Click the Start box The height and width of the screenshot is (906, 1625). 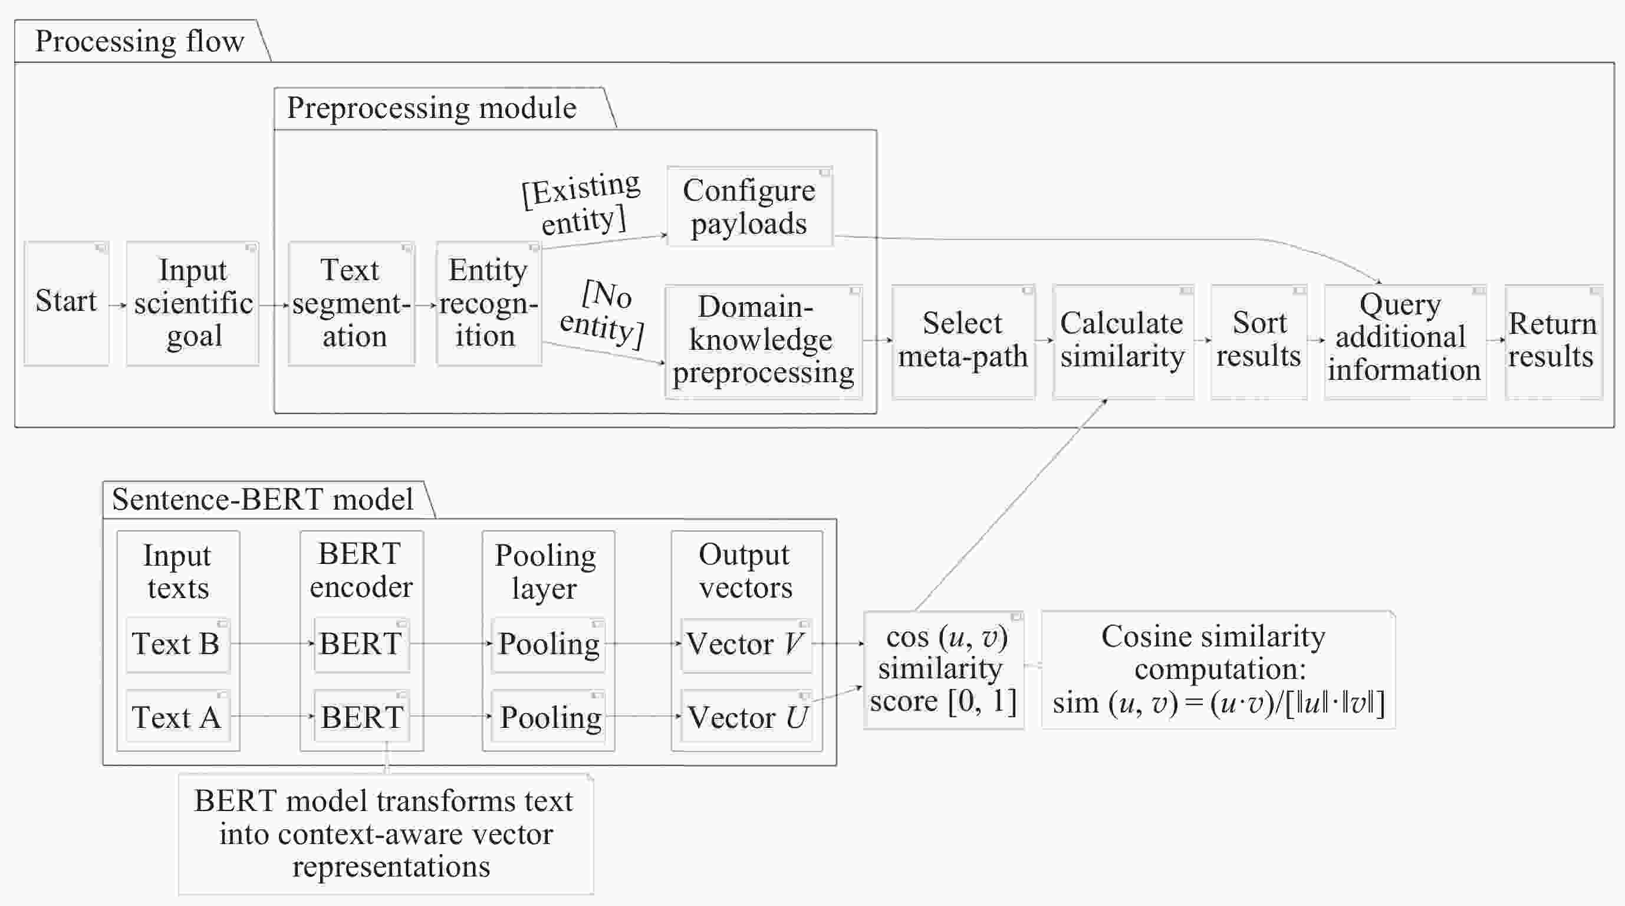[66, 303]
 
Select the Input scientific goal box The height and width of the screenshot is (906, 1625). [192, 303]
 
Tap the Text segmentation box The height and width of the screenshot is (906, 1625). [351, 303]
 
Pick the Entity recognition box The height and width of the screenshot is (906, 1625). [489, 303]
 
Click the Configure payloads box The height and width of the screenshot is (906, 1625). [750, 206]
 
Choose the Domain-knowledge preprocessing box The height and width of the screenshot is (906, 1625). [764, 342]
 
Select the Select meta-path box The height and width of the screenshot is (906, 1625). [963, 342]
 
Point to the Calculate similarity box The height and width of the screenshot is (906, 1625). [1123, 342]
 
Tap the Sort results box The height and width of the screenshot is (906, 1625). [1258, 342]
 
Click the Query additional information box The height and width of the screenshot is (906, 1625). [1405, 342]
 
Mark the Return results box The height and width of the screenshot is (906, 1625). [1554, 342]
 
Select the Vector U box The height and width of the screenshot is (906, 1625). [746, 716]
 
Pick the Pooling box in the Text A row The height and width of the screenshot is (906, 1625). [548, 716]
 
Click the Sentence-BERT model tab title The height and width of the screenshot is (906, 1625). [262, 500]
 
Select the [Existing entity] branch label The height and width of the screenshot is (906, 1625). [581, 203]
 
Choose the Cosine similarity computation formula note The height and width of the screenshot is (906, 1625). [1218, 670]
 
